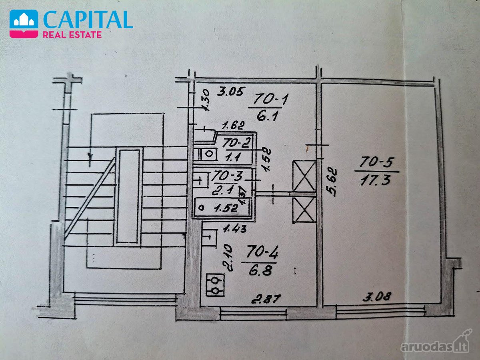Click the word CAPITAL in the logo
tap(88, 20)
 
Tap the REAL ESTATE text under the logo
tap(72, 35)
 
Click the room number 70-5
tap(377, 163)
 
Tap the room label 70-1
tap(270, 100)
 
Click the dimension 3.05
tap(230, 91)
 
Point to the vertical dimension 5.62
tap(332, 182)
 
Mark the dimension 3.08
tap(376, 297)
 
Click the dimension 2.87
tap(266, 299)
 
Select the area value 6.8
tap(260, 271)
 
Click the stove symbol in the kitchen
tap(215, 285)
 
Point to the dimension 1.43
tap(235, 229)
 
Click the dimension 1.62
tap(233, 126)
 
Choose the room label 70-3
tap(228, 175)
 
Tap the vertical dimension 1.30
tap(205, 100)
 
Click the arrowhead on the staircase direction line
tap(90, 156)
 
